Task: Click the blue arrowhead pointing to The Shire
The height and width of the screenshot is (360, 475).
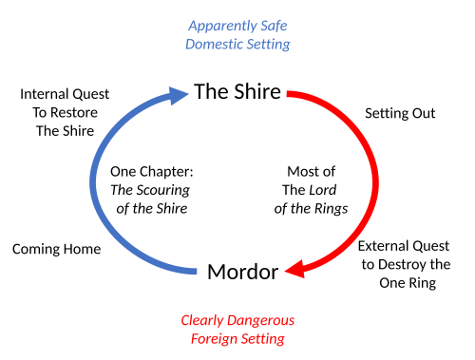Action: point(179,95)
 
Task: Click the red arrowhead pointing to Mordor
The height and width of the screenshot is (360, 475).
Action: point(295,270)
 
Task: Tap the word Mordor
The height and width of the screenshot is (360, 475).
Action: point(243,272)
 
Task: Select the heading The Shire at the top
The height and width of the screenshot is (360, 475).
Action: point(237,91)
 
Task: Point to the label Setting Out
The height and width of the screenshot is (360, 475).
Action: point(400,113)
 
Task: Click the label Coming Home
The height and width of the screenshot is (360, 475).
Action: point(56,249)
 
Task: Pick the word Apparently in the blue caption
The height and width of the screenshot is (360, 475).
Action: point(222,26)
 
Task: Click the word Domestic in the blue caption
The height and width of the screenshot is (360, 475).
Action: point(214,44)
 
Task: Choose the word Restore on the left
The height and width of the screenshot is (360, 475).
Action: point(74,113)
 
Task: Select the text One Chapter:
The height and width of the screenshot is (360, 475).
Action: point(152,172)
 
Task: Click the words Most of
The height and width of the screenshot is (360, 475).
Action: point(311,172)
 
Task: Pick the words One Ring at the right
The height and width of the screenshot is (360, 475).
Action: point(408,283)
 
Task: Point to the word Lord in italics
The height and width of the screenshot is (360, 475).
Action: point(323,190)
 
